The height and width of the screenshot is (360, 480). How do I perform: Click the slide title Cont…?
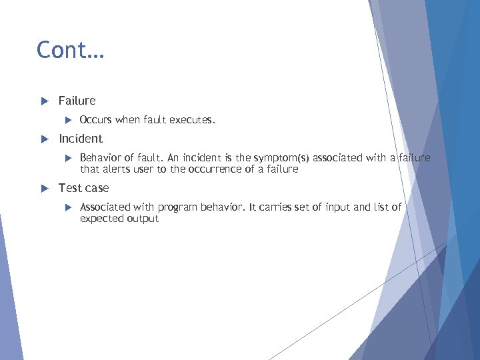(70, 50)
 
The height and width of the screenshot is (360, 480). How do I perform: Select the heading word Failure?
(77, 101)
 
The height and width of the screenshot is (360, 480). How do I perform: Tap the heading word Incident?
(81, 139)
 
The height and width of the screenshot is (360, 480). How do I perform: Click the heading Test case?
(83, 188)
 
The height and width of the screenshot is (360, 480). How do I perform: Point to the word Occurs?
(96, 120)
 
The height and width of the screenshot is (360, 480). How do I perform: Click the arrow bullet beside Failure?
(45, 101)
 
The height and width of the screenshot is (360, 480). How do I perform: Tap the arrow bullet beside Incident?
(45, 139)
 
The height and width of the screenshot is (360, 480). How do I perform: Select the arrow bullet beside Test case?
(45, 189)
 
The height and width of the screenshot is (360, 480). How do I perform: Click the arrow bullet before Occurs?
(68, 121)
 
